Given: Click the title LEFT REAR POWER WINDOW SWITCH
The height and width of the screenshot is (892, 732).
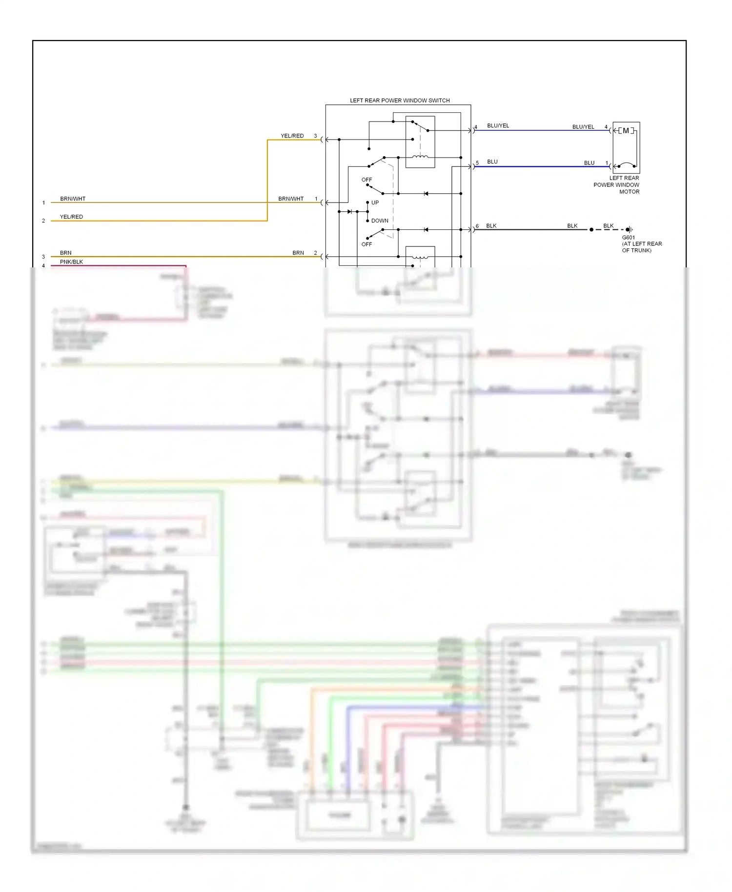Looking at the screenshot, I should tap(400, 101).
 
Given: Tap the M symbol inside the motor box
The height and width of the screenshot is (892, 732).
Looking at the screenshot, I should tap(626, 131).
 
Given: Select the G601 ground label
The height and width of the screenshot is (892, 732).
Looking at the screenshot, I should tap(629, 238).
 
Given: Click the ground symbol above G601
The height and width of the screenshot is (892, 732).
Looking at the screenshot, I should tap(630, 229).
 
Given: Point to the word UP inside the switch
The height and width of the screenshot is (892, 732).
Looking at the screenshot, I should tap(375, 203).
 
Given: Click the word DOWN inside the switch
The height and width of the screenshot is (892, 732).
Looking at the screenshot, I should tap(380, 221).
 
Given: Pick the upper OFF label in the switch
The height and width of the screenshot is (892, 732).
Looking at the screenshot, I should tap(366, 180).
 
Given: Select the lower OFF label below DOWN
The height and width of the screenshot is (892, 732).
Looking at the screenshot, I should tap(366, 244).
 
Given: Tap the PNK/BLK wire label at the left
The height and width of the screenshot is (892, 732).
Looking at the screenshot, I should tap(71, 262).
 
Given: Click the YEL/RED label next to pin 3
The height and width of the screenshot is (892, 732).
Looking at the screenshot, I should tap(292, 136).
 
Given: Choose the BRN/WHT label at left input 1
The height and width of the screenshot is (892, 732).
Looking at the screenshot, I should tap(73, 199).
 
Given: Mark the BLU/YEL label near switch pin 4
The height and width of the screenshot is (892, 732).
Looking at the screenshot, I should tap(498, 125).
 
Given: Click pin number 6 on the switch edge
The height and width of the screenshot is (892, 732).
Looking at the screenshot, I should tap(477, 226).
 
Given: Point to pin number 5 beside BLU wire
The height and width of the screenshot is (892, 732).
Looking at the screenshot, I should tap(477, 162).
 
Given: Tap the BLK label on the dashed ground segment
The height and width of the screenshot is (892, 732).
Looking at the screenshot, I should tap(608, 226).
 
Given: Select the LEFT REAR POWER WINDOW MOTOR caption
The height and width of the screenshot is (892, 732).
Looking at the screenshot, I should tap(617, 185).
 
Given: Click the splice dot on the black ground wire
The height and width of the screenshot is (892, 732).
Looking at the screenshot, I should tap(591, 229).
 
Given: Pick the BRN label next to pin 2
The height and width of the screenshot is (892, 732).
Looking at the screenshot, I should tap(298, 253).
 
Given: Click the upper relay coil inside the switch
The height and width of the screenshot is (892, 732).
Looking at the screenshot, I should tap(420, 157).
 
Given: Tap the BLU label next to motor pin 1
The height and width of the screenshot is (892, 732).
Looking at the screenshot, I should tap(589, 163).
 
